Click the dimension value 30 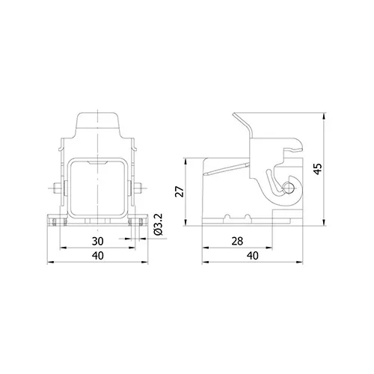coord(97,241)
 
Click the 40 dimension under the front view coord(97,256)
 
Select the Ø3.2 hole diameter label coord(159,224)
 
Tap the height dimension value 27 coord(180,191)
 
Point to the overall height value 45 coord(318,169)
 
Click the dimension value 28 coord(237,241)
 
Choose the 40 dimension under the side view coord(253,256)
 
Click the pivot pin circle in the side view coord(289,188)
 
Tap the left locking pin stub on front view coord(57,188)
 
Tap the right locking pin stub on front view coord(138,188)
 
